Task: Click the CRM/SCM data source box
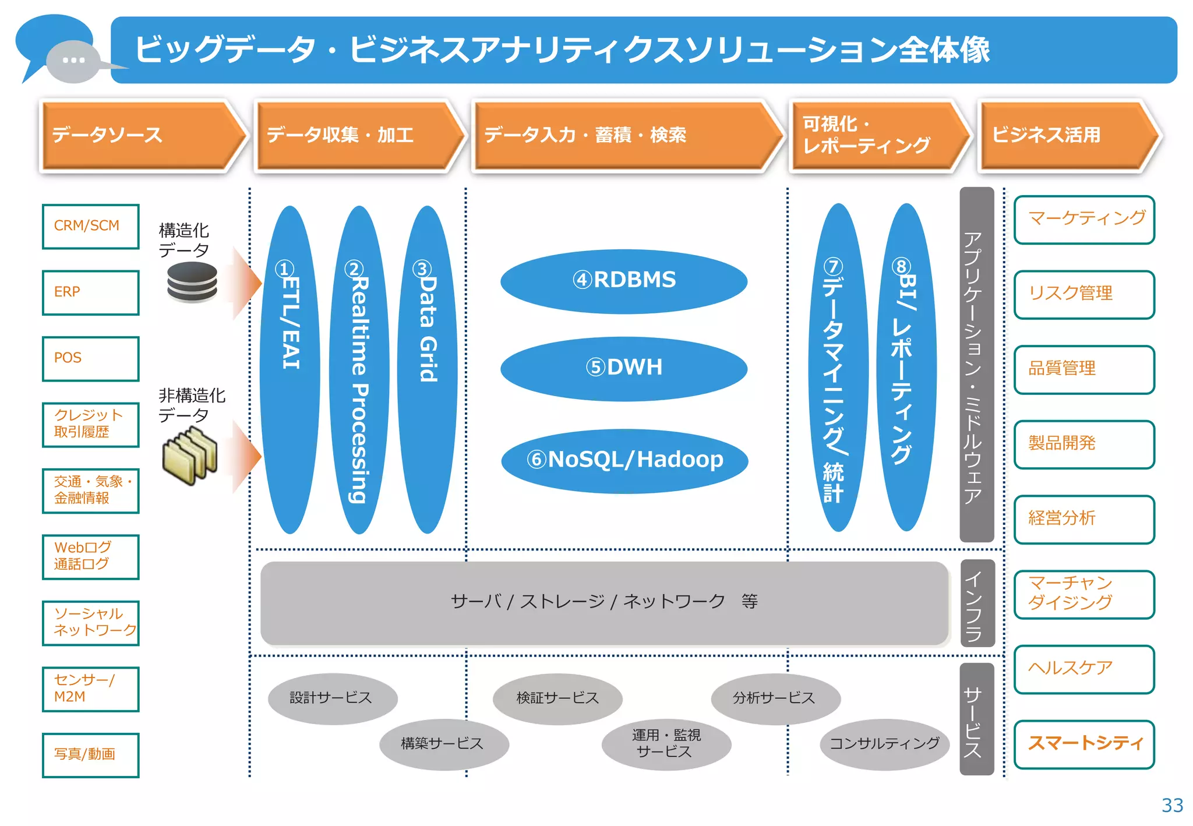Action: pos(91,227)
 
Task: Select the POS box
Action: pos(91,358)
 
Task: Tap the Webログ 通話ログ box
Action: pos(91,556)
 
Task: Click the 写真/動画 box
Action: pos(91,754)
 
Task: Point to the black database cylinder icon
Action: pos(192,282)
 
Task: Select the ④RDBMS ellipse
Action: pos(623,281)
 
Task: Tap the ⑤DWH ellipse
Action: pos(623,368)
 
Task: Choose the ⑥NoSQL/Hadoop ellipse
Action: pos(624,460)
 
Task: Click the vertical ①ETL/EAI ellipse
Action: pos(290,369)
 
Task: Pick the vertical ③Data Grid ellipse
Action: pos(428,369)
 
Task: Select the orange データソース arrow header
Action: pos(140,136)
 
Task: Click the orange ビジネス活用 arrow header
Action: pos(1066,136)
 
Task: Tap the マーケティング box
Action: pos(1084,220)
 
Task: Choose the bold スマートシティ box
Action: pos(1084,744)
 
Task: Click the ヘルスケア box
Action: pos(1084,669)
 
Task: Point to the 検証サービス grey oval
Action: pos(557,698)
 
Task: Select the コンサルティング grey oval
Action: pos(884,744)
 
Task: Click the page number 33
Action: pos(1172,805)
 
